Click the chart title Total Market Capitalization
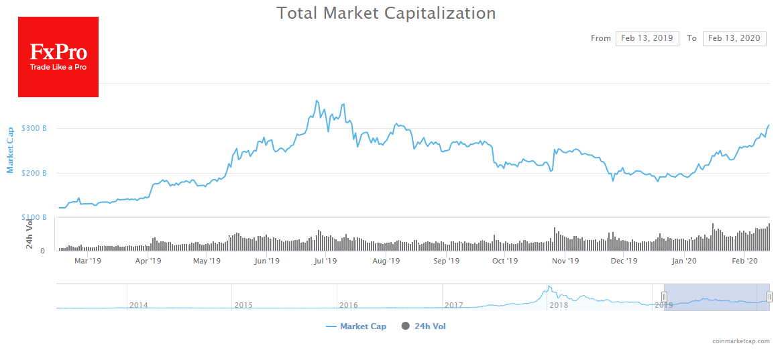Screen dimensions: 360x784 coord(386,13)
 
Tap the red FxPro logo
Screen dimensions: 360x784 coord(58,57)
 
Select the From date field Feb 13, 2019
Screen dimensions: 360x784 coord(647,38)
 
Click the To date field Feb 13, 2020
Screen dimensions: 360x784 coord(734,38)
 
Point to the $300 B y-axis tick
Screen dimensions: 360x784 coord(34,128)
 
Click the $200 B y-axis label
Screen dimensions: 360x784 coord(34,173)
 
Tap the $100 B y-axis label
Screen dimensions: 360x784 coord(34,217)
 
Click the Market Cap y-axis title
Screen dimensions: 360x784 coord(10,149)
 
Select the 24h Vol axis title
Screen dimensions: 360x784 coord(30,235)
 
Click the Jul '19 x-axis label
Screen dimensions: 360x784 coord(325,261)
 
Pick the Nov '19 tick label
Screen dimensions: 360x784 coord(565,261)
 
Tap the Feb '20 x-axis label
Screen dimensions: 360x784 coord(744,261)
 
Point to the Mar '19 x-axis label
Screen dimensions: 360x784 coord(88,261)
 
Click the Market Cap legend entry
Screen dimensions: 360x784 coord(356,326)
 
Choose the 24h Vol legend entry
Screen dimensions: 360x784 coord(424,326)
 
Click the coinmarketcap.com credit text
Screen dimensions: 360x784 coord(741,341)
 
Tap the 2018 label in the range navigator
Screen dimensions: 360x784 coord(559,305)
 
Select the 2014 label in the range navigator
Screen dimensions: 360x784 coord(139,305)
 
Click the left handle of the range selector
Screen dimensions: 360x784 coord(664,296)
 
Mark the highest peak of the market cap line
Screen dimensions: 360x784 coord(316,101)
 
